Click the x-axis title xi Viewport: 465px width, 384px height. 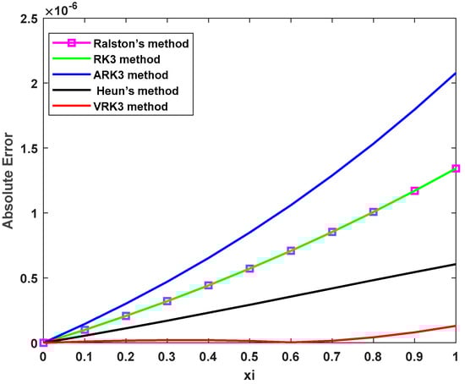click(249, 375)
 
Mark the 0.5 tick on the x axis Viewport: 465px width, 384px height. click(249, 357)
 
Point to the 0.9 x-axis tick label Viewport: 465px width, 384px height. click(414, 357)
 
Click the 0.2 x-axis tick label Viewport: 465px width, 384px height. click(125, 357)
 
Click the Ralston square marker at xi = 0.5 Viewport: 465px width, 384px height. click(249, 268)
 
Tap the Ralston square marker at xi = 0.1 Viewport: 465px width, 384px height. click(85, 330)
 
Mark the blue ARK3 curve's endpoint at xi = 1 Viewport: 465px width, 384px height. click(456, 74)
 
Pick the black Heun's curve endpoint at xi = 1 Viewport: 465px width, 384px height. click(456, 264)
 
